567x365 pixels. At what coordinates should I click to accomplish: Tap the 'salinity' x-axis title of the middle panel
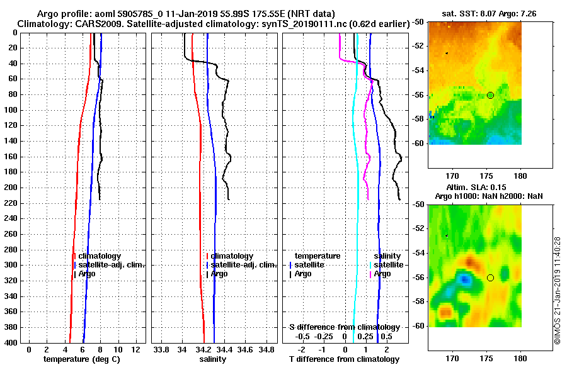pyautogui.click(x=213, y=359)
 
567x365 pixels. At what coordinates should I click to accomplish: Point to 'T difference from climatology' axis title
pyautogui.click(x=344, y=359)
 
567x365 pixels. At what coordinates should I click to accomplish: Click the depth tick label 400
pyautogui.click(x=11, y=343)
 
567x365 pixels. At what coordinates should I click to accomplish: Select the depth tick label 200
pyautogui.click(x=11, y=188)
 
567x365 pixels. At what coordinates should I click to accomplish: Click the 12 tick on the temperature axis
pyautogui.click(x=134, y=349)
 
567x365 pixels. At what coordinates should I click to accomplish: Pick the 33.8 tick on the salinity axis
pyautogui.click(x=162, y=349)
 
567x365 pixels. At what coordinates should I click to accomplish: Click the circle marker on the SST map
pyautogui.click(x=490, y=95)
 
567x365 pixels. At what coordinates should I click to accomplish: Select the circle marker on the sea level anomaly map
pyautogui.click(x=490, y=278)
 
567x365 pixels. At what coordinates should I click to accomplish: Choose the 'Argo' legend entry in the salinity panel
pyautogui.click(x=219, y=274)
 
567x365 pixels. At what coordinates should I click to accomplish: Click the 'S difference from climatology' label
pyautogui.click(x=344, y=327)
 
